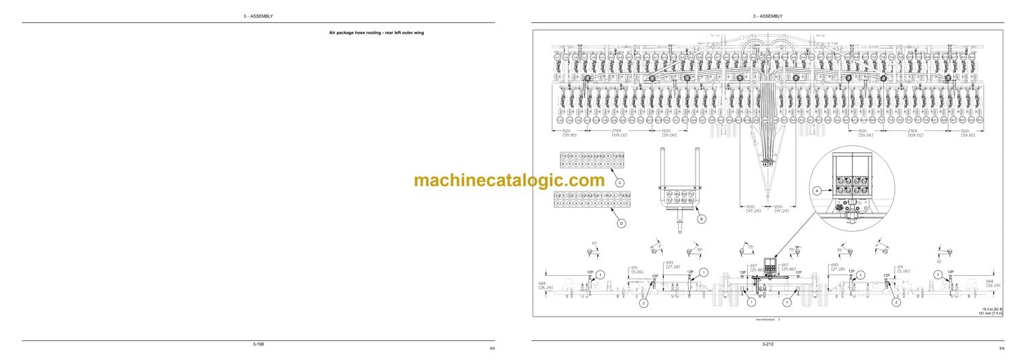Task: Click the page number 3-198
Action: (x=258, y=344)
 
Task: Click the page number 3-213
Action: (x=767, y=344)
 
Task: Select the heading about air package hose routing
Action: (x=376, y=33)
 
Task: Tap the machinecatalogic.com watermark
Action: (x=509, y=181)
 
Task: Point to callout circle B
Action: (x=702, y=219)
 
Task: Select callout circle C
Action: (x=619, y=182)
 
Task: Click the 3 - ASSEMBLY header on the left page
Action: (x=259, y=16)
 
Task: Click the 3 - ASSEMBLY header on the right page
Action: (x=767, y=16)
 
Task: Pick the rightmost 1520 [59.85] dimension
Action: (x=967, y=132)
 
